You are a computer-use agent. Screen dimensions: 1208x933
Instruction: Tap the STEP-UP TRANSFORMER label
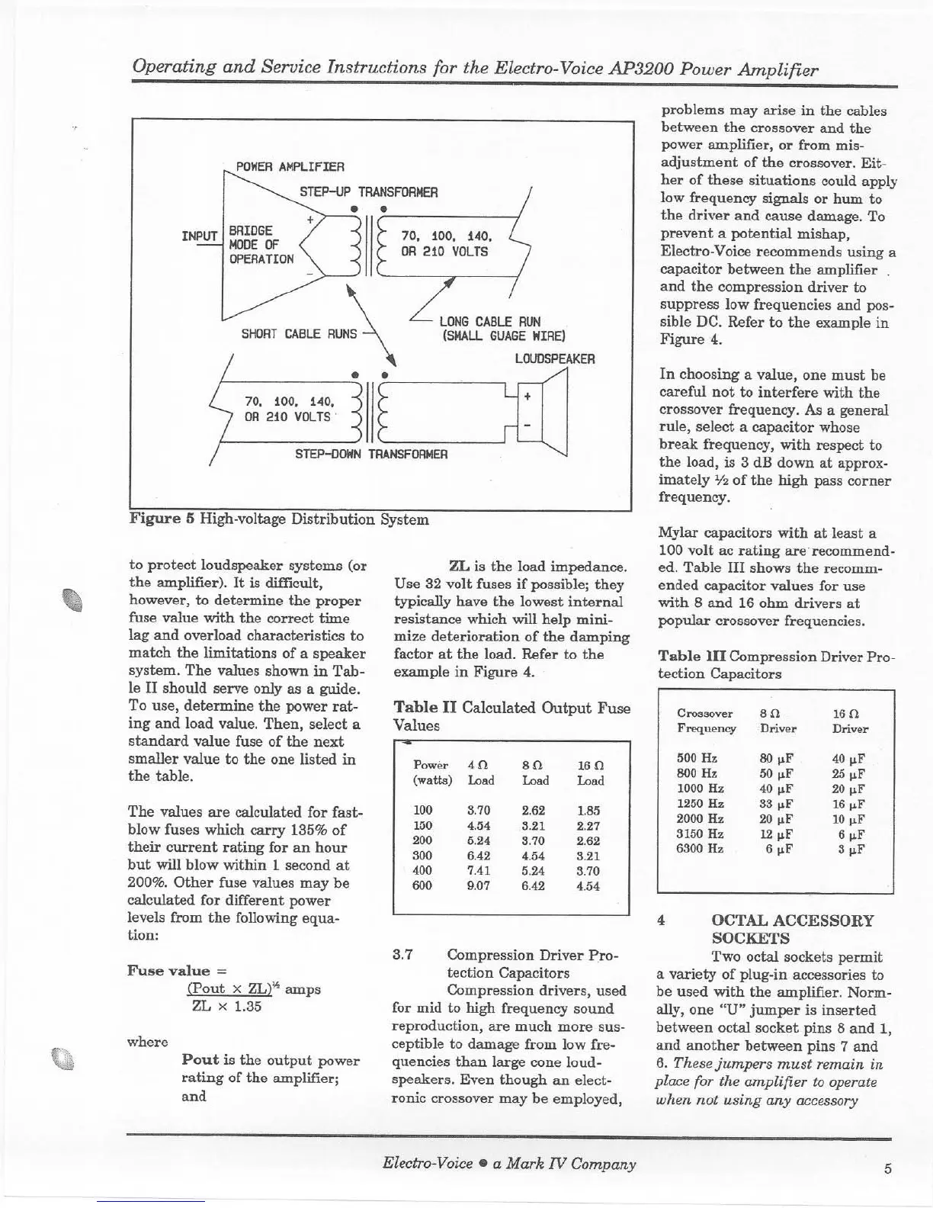pyautogui.click(x=368, y=192)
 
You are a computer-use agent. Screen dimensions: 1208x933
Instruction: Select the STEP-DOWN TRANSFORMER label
pyautogui.click(x=370, y=454)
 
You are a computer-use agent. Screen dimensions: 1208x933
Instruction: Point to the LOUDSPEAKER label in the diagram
pyautogui.click(x=554, y=358)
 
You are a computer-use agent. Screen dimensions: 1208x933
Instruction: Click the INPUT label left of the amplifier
pyautogui.click(x=200, y=235)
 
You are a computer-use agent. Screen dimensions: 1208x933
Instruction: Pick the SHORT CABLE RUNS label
pyautogui.click(x=299, y=334)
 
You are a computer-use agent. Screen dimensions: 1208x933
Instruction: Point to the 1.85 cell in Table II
pyautogui.click(x=588, y=811)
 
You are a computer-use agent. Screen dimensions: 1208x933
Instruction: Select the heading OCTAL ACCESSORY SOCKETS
pyautogui.click(x=792, y=929)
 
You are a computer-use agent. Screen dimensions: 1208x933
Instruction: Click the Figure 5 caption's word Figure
pyautogui.click(x=155, y=520)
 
